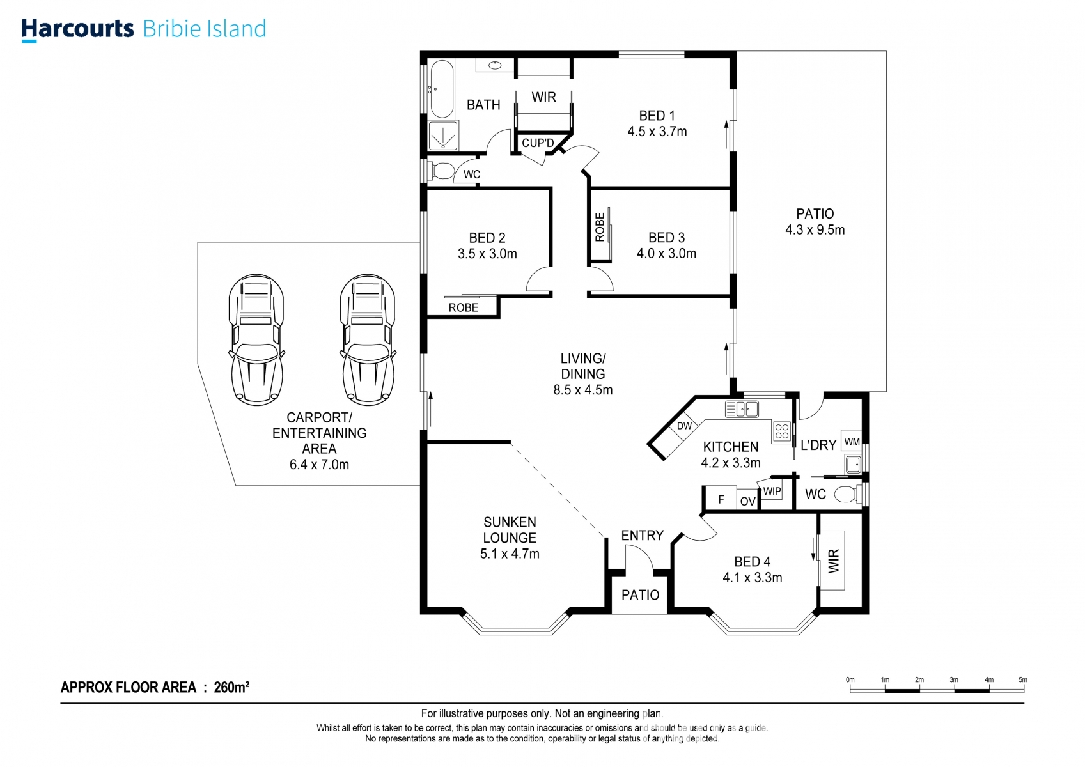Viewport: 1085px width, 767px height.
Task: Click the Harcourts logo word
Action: click(77, 29)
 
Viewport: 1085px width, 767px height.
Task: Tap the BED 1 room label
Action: click(657, 116)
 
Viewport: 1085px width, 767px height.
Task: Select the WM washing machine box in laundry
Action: click(852, 441)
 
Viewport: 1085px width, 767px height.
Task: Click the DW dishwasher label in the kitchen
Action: click(684, 426)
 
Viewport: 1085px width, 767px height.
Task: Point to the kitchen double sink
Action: click(742, 409)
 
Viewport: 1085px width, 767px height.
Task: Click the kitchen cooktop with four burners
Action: click(782, 431)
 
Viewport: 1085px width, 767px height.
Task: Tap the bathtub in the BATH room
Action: click(441, 89)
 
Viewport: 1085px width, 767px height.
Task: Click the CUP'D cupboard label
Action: click(537, 143)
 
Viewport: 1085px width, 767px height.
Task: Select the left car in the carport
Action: click(256, 339)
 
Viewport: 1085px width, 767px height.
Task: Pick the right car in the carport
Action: click(368, 339)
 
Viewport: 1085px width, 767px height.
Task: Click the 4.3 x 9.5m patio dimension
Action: click(815, 229)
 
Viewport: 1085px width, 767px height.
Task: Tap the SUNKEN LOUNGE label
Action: click(510, 530)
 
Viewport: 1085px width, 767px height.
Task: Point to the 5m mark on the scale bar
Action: click(1022, 680)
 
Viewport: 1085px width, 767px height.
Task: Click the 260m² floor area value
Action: click(231, 687)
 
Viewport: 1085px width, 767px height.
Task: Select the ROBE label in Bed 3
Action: click(600, 227)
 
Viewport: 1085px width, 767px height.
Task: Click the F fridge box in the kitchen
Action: click(721, 498)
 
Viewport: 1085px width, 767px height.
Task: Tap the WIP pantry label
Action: click(772, 491)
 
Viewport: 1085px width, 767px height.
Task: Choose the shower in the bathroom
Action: click(442, 136)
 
